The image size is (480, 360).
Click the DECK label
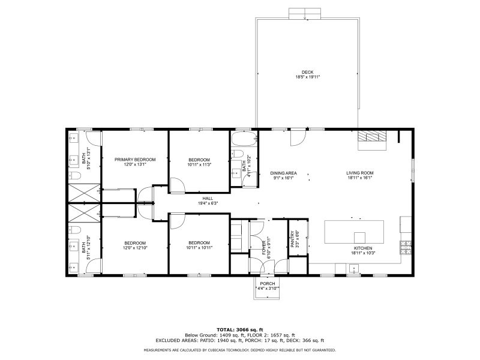click(x=307, y=72)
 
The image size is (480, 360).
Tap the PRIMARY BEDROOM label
click(x=135, y=159)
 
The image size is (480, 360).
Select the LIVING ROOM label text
click(x=360, y=173)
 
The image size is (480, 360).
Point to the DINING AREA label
click(x=283, y=173)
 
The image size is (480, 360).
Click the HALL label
click(x=208, y=198)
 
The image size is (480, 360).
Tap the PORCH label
click(x=267, y=283)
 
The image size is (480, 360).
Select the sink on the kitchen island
click(x=359, y=236)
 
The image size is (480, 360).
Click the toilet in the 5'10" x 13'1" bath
click(x=76, y=176)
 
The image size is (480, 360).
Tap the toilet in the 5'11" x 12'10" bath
click(x=76, y=231)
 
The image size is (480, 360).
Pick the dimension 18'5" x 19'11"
click(x=307, y=77)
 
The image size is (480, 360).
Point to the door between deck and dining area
click(x=296, y=138)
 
